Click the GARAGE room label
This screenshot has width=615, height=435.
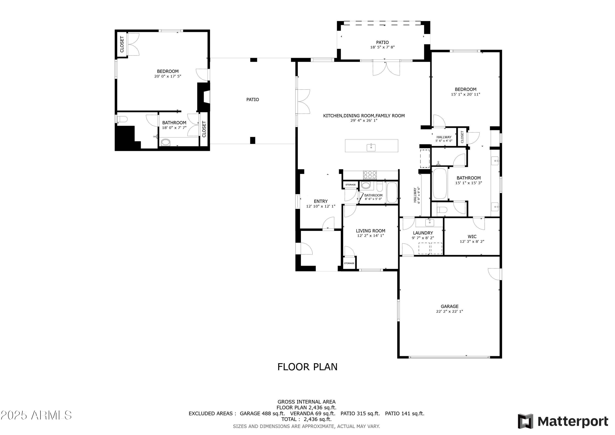(450, 306)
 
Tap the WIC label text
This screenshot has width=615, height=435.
(472, 236)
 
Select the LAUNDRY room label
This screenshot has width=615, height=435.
(423, 233)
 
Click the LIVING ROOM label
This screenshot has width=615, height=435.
(370, 231)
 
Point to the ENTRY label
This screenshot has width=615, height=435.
(321, 201)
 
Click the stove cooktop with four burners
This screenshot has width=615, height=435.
(370, 175)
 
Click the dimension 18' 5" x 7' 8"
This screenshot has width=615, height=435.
(382, 47)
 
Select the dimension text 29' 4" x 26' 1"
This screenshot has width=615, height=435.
(364, 121)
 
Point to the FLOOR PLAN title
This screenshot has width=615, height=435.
(307, 367)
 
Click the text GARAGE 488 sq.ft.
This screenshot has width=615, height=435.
(262, 413)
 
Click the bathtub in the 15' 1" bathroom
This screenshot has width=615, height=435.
(440, 183)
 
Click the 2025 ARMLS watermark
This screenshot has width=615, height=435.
(36, 415)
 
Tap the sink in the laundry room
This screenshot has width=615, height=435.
(430, 223)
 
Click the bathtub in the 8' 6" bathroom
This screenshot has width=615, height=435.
(392, 192)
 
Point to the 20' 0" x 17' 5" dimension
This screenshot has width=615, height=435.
(168, 76)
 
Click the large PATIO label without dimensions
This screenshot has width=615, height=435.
(253, 100)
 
